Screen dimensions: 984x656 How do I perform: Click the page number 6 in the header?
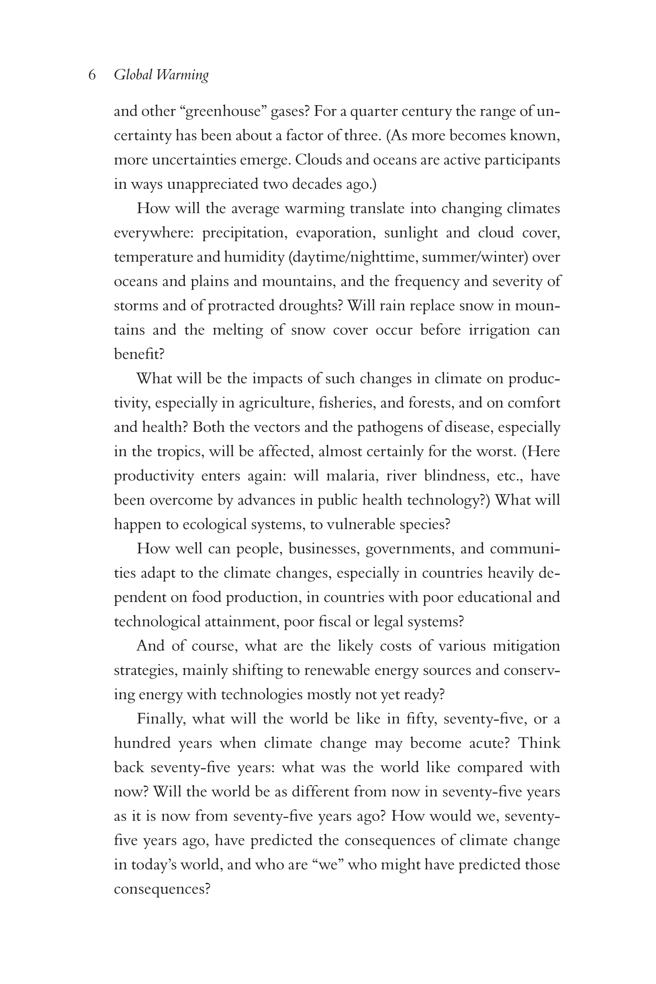pyautogui.click(x=92, y=75)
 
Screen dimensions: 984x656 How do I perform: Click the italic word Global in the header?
pyautogui.click(x=133, y=75)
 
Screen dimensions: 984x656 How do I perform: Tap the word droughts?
pyautogui.click(x=311, y=306)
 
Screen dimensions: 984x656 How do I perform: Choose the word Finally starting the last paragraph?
pyautogui.click(x=161, y=719)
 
